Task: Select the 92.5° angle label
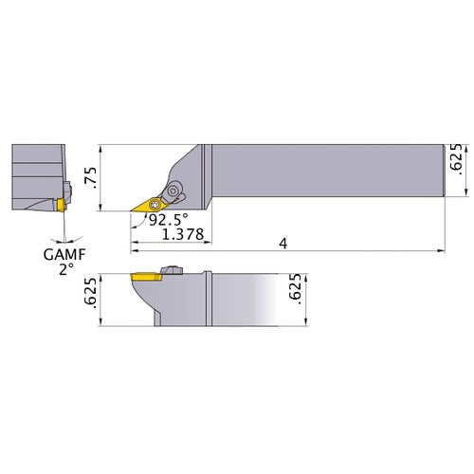pos(167,220)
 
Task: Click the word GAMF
pos(63,254)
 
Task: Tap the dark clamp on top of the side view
pos(172,272)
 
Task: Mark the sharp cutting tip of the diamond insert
pos(132,211)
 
